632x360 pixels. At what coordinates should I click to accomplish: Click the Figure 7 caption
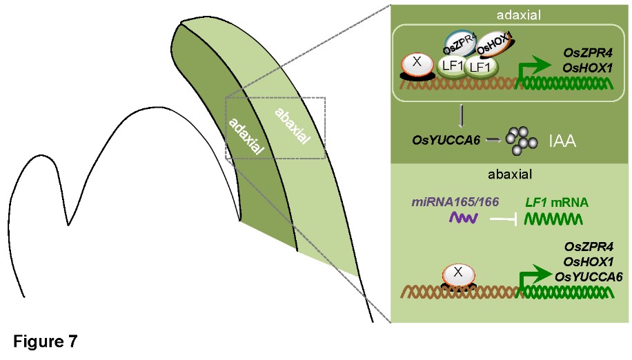44,341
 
